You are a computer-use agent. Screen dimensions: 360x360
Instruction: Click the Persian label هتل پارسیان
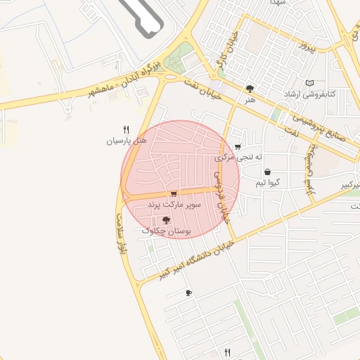coord(127,141)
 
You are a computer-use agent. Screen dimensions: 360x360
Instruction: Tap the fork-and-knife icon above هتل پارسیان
coord(127,129)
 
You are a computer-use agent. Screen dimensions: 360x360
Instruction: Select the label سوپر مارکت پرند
coord(174,204)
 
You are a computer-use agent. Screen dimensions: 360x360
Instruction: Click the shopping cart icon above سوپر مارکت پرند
coord(174,193)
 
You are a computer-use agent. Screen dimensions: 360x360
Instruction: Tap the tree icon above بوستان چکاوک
coord(166,220)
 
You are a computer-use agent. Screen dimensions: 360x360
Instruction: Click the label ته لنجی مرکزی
coord(238,157)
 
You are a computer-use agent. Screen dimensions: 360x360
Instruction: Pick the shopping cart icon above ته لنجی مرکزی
coord(238,147)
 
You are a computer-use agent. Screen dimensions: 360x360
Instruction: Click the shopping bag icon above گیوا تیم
coord(268,172)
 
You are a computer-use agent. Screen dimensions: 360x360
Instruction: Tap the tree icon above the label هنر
coord(250,89)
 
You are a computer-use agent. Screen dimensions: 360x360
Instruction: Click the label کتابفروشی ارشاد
coord(310,94)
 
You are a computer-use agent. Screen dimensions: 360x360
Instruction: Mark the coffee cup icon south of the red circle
coord(188,292)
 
